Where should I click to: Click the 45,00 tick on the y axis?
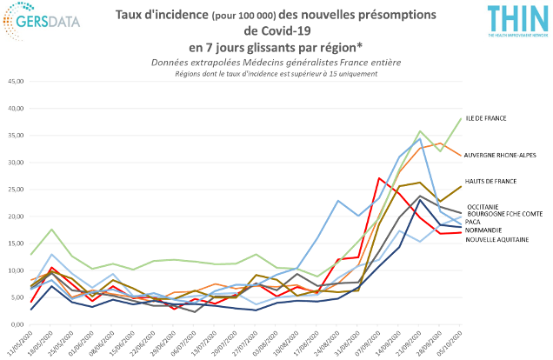click(x=17, y=83)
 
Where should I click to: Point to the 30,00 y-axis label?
click(x=17, y=163)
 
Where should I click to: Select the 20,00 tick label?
click(x=17, y=217)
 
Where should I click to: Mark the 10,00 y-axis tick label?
click(x=17, y=270)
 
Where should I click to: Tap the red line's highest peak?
click(x=378, y=178)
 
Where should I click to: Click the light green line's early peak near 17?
click(x=54, y=229)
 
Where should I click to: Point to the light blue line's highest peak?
click(x=421, y=137)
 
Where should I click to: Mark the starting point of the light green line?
click(x=32, y=254)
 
